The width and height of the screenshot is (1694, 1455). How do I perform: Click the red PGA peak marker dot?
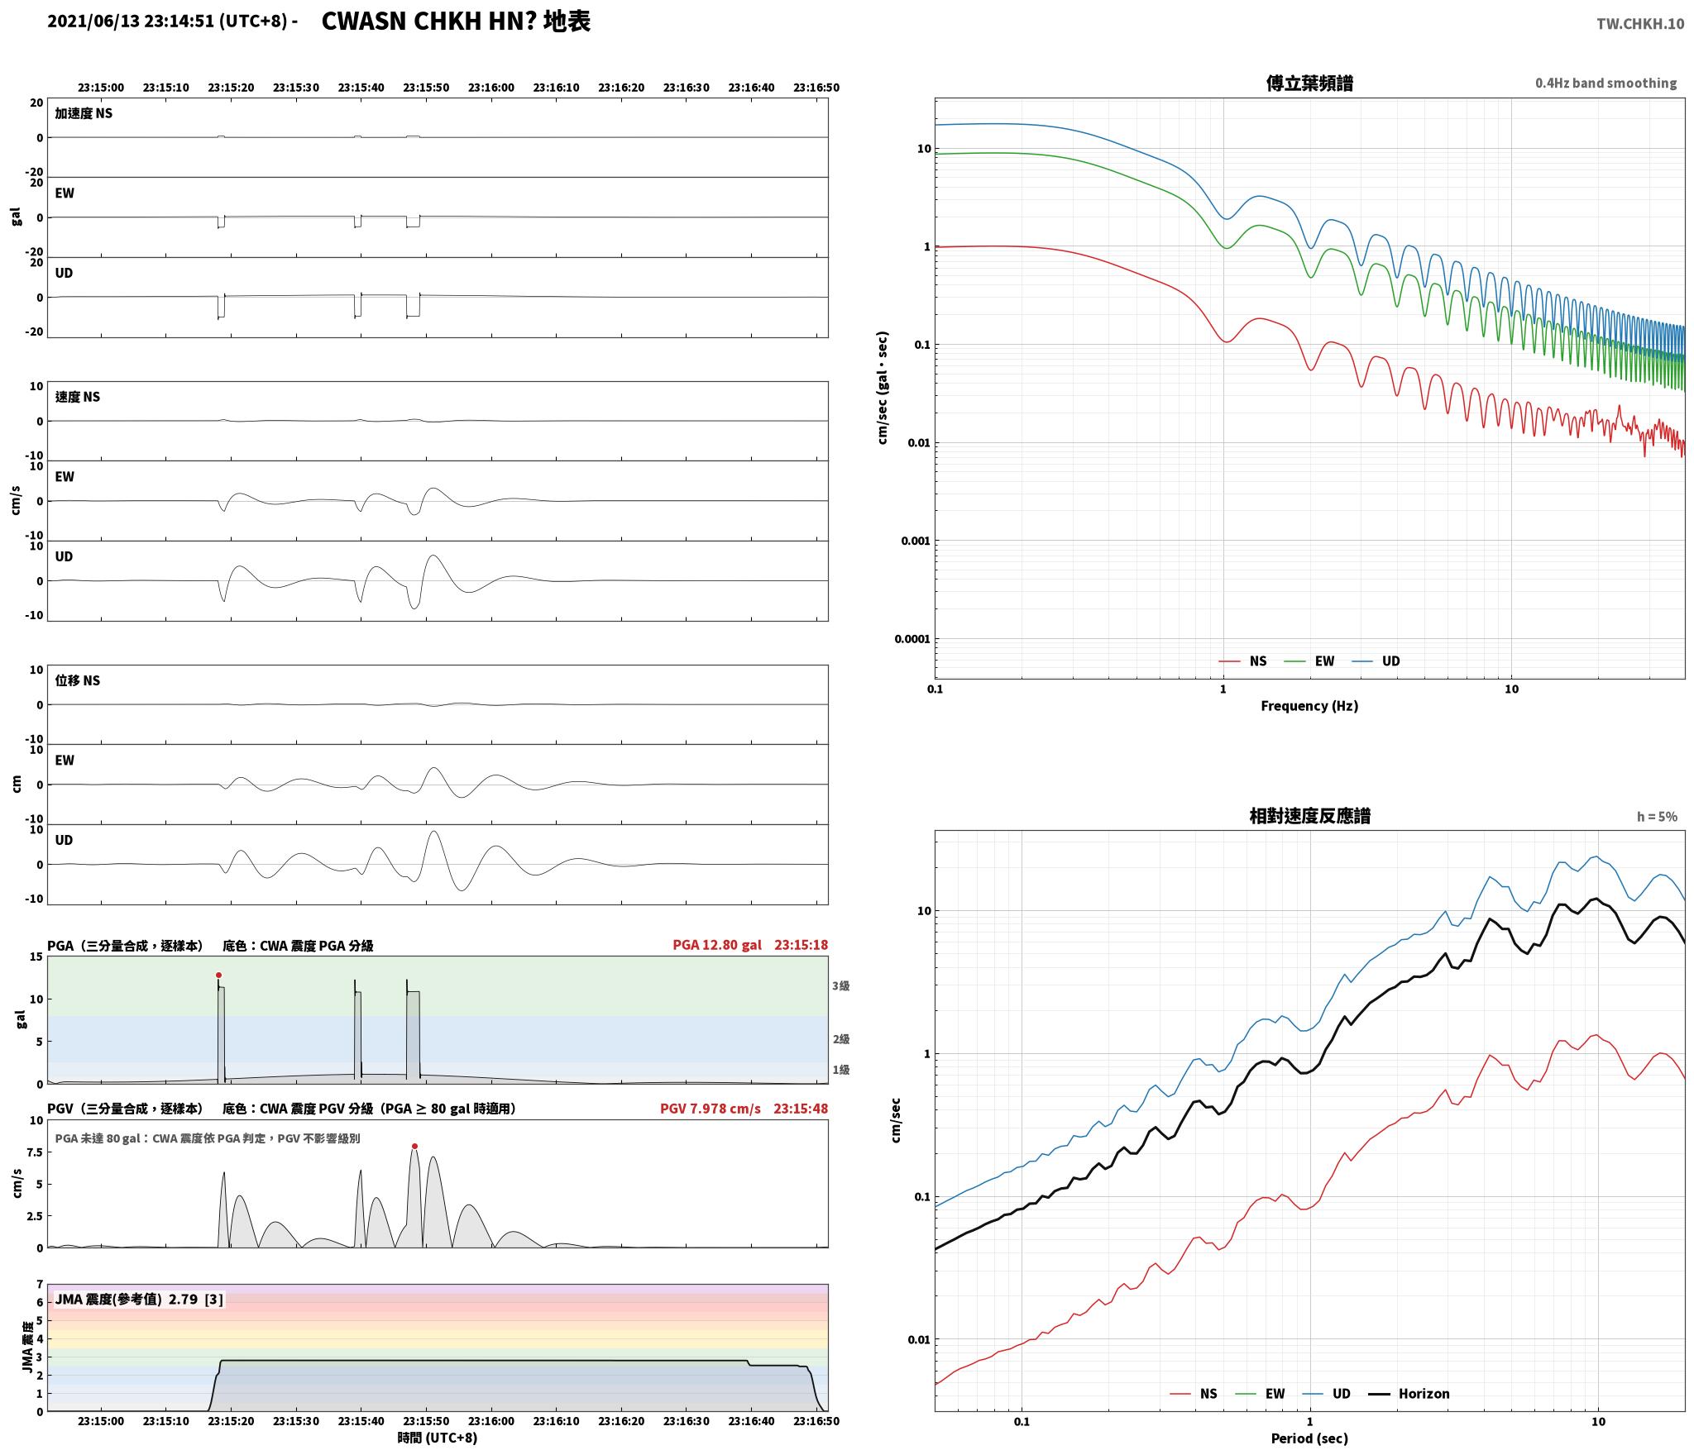(x=218, y=975)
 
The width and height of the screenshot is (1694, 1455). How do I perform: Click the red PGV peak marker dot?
(x=414, y=1146)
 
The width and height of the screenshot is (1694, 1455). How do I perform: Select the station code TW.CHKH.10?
(x=1640, y=24)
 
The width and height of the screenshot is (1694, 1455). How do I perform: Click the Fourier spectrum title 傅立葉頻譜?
(x=1309, y=83)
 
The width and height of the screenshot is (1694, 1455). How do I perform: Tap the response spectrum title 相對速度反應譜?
(x=1309, y=816)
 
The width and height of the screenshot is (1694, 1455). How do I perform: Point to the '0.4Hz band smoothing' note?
(x=1605, y=83)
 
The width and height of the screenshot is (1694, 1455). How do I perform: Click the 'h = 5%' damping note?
(x=1657, y=817)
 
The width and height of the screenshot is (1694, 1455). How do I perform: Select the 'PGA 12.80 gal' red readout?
(x=718, y=945)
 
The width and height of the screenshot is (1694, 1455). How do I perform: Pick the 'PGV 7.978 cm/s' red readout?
(x=710, y=1109)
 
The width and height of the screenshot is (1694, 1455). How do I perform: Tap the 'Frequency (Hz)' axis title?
(x=1309, y=706)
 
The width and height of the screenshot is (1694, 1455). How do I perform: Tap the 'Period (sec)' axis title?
(x=1309, y=1438)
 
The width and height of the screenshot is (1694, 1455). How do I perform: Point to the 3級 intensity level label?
(x=841, y=985)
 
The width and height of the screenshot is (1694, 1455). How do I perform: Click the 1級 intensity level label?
(x=841, y=1070)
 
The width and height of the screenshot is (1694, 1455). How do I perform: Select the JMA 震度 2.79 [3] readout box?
(x=139, y=1300)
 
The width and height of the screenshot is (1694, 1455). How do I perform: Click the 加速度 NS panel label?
(x=84, y=113)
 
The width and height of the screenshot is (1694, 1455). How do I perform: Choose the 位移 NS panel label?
(x=78, y=680)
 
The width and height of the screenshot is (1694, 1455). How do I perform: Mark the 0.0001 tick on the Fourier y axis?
(x=912, y=639)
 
